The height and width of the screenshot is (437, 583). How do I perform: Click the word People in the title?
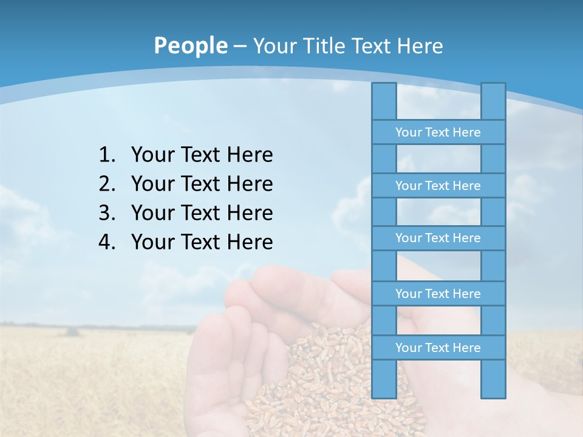[x=190, y=46]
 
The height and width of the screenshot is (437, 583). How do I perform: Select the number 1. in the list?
[x=107, y=155]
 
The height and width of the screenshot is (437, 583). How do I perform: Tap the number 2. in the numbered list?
[x=107, y=184]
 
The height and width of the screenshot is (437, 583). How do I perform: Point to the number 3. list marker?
[x=107, y=213]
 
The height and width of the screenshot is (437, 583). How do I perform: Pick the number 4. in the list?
[x=107, y=242]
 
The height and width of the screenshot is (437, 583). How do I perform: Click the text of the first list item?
[x=202, y=155]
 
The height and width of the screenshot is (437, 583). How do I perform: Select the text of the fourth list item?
[x=202, y=242]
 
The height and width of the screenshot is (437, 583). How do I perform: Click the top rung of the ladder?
[x=438, y=132]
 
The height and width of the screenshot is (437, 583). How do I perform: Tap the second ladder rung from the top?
[x=438, y=186]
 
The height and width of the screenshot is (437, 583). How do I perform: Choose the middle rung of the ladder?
[x=438, y=238]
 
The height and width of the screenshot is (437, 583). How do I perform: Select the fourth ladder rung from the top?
[x=438, y=294]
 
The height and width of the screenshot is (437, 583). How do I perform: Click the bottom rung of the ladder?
[x=438, y=348]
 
